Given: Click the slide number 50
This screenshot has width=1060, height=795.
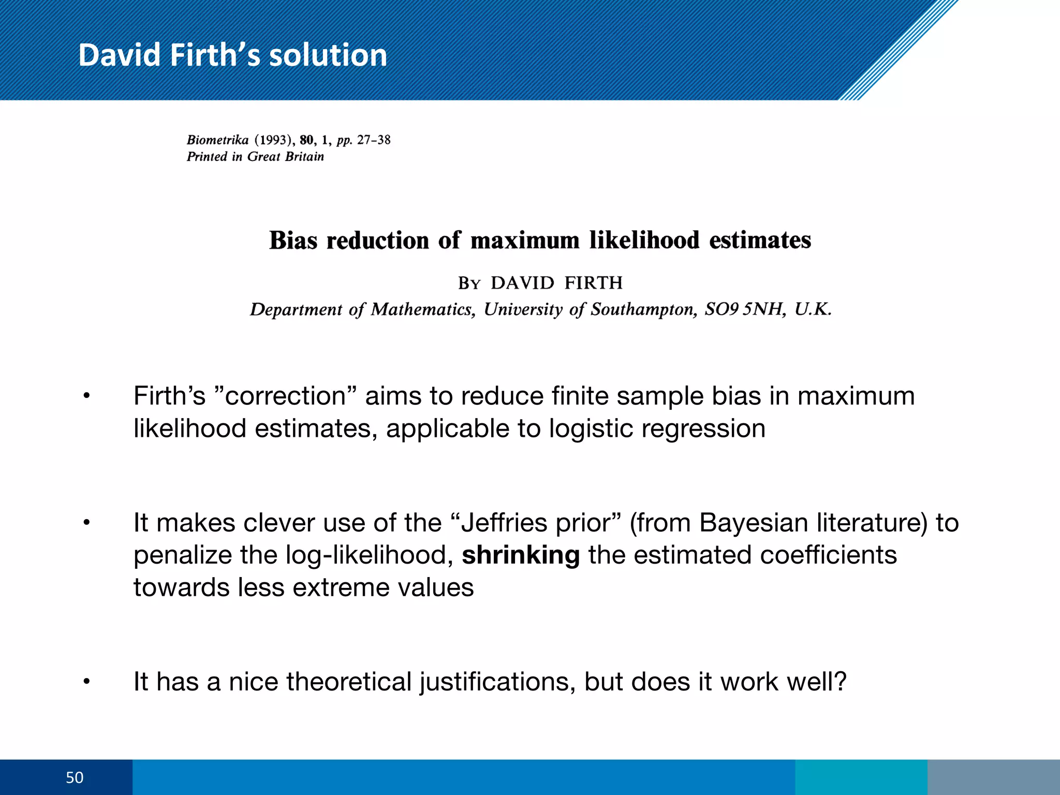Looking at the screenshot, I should pyautogui.click(x=75, y=777).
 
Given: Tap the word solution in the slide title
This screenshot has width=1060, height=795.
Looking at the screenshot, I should pyautogui.click(x=328, y=55).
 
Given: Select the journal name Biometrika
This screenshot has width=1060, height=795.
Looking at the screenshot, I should pyautogui.click(x=217, y=140).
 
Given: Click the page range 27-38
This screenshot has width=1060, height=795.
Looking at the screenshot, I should pyautogui.click(x=374, y=140).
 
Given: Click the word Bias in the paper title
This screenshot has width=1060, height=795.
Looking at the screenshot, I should pyautogui.click(x=293, y=241).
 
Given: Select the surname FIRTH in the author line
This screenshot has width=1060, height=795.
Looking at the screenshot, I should pyautogui.click(x=593, y=283).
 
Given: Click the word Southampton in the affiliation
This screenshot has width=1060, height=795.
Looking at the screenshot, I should pyautogui.click(x=644, y=309).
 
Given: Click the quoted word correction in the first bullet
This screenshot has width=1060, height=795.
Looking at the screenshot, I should pyautogui.click(x=285, y=396).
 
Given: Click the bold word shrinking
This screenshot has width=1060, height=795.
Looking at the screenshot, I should pyautogui.click(x=521, y=555).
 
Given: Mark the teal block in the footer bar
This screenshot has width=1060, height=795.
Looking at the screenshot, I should pyautogui.click(x=861, y=777).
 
